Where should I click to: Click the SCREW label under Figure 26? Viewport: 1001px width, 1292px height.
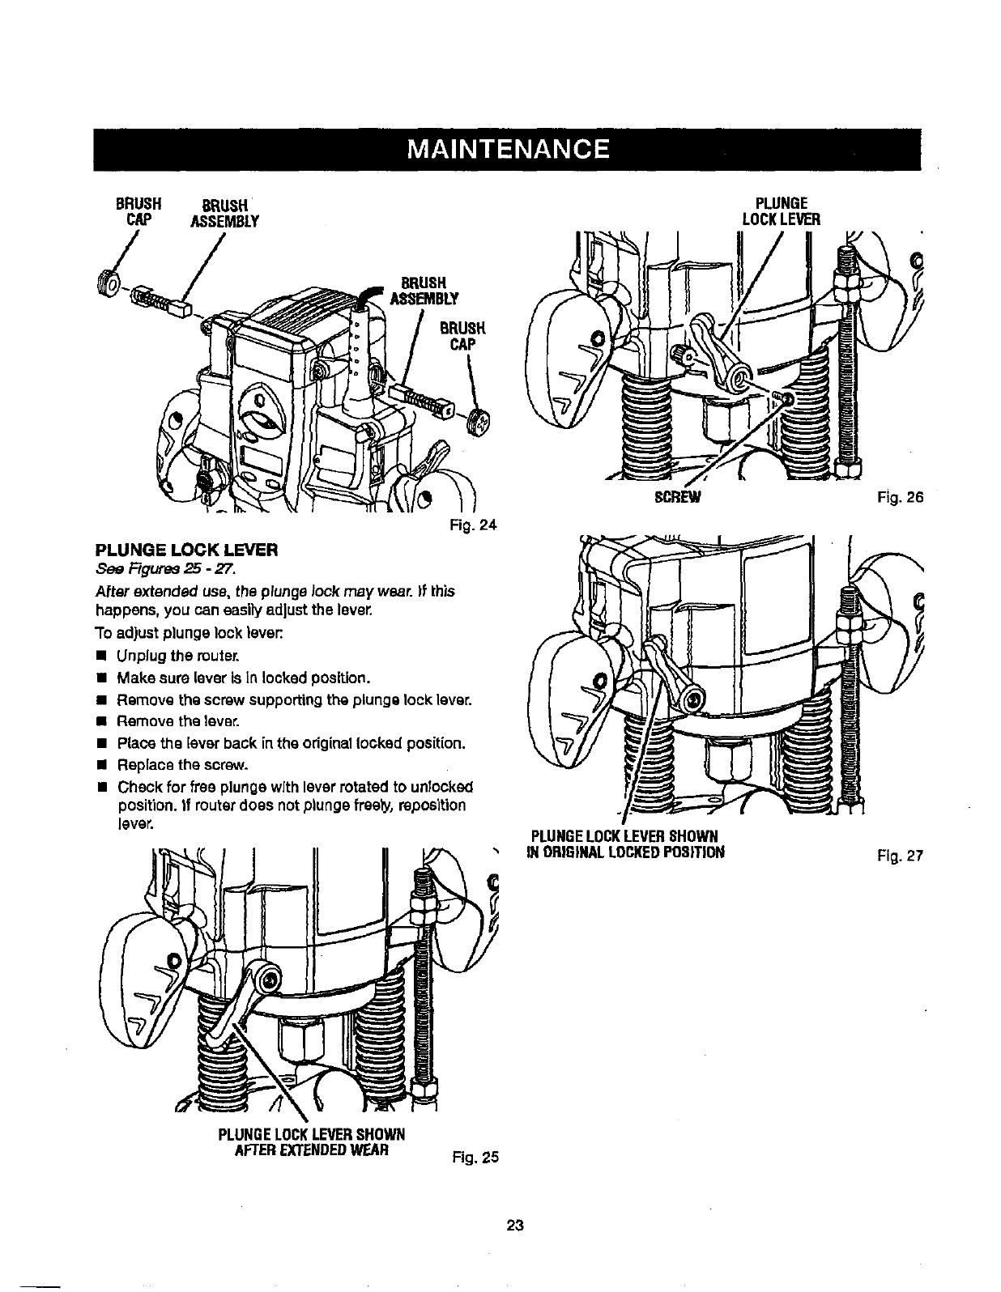pos(681,498)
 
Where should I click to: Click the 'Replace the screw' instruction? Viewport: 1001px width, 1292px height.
pos(181,764)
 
